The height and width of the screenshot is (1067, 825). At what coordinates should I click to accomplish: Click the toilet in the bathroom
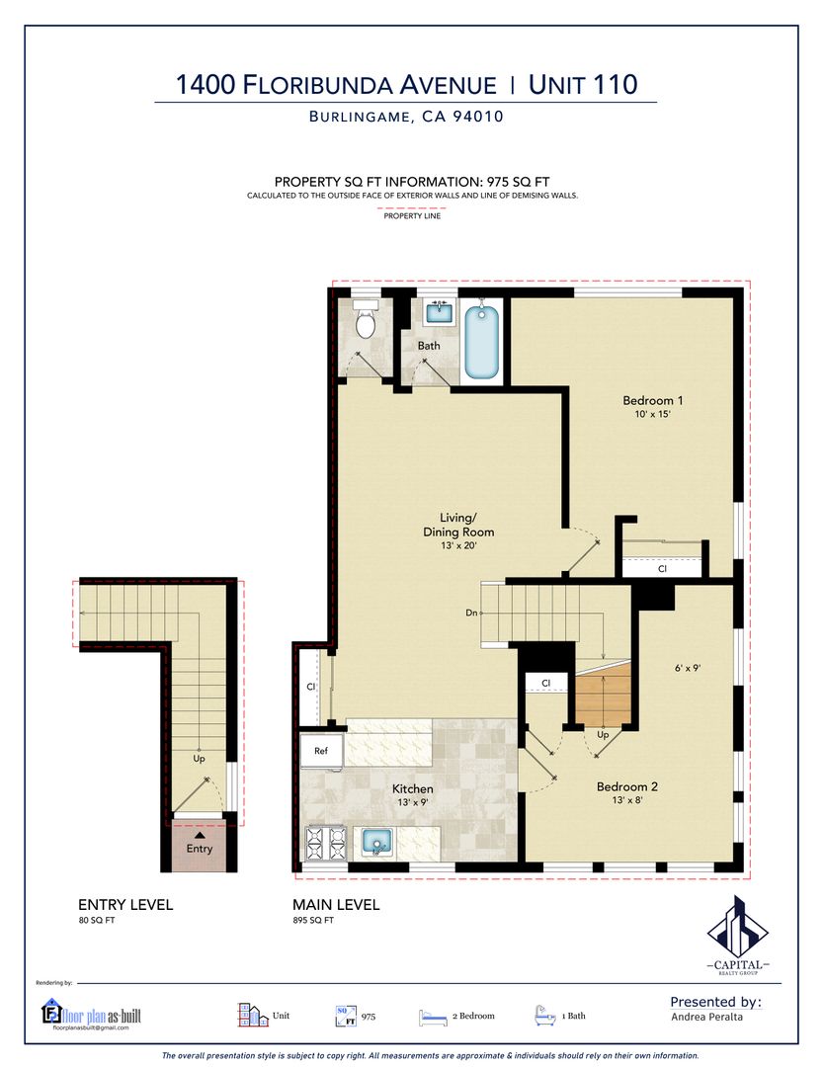[366, 320]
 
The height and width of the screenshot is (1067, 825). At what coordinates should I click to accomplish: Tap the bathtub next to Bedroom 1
[482, 342]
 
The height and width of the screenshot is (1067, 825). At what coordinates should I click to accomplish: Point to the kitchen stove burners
[326, 843]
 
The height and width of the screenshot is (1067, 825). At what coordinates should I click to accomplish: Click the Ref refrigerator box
[321, 751]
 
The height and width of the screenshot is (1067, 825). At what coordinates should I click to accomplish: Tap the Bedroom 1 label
[652, 400]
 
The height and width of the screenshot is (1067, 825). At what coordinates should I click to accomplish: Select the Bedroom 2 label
[627, 786]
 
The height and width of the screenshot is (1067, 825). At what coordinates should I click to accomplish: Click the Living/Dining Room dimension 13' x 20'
[458, 545]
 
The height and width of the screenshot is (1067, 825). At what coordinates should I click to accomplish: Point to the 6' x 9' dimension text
[688, 668]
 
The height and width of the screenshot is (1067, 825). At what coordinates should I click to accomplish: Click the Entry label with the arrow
[200, 843]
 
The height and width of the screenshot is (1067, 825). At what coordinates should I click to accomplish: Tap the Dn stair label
[471, 614]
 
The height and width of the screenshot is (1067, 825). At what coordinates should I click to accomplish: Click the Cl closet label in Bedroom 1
[662, 569]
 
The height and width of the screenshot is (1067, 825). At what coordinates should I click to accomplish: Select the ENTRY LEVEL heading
[125, 904]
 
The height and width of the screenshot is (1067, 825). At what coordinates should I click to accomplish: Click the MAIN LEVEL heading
[336, 904]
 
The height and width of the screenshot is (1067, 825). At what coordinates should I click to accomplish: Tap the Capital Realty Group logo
[738, 935]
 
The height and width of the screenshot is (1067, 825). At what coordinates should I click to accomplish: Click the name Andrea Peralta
[706, 1017]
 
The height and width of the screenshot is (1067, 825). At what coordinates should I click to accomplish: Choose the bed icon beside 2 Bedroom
[433, 1017]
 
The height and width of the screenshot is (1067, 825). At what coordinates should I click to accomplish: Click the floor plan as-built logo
[91, 1015]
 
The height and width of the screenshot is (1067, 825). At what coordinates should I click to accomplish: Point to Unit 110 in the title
[583, 84]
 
